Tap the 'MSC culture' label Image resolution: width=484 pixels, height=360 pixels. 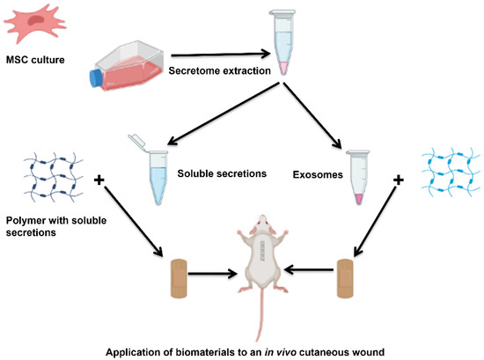tap(40, 61)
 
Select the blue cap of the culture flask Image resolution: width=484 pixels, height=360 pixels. tap(96, 78)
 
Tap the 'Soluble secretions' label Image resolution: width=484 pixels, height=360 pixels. tap(222, 173)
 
